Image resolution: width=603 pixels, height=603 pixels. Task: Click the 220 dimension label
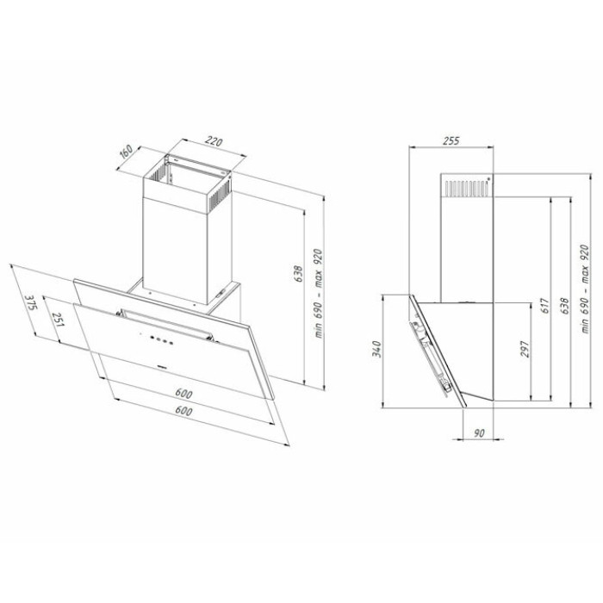tap(214, 141)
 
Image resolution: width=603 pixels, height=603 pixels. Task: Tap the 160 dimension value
tap(126, 151)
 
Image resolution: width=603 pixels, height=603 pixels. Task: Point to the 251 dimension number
tap(58, 320)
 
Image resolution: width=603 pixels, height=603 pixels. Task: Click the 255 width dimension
tap(451, 140)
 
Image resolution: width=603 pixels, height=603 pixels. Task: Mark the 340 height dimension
tap(377, 349)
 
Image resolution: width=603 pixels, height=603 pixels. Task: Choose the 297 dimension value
tap(525, 349)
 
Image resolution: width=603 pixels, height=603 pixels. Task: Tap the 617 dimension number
tap(545, 306)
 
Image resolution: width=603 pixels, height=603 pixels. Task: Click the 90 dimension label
tap(478, 433)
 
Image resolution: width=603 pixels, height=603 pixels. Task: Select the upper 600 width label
tap(183, 394)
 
